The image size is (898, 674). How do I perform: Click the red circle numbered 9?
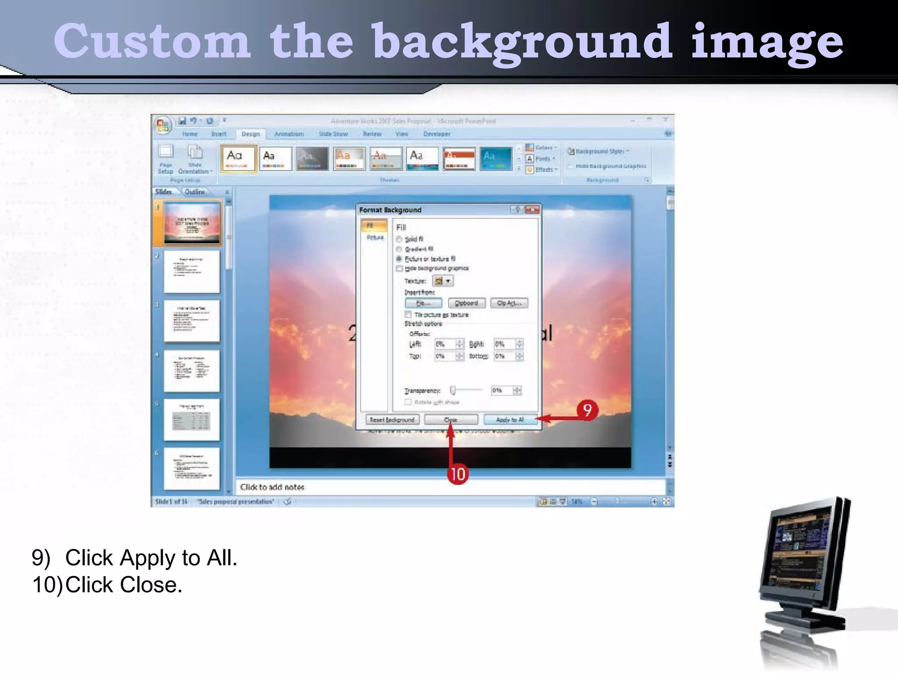587,410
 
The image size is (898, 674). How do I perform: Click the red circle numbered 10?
458,474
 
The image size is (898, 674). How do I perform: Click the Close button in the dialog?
451,420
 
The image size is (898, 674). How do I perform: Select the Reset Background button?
392,420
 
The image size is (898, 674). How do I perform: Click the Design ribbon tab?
250,134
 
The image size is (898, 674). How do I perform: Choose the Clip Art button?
509,303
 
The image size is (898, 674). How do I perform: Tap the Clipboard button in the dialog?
466,303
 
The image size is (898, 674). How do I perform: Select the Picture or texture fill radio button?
399,259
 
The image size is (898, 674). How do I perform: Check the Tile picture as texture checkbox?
408,315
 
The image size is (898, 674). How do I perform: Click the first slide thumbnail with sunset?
192,223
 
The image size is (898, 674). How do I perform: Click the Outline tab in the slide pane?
195,192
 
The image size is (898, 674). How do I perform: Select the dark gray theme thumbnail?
312,158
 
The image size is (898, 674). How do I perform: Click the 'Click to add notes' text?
272,487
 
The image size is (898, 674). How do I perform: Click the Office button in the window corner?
163,125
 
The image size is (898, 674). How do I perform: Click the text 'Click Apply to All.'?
151,558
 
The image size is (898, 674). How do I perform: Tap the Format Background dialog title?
390,210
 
